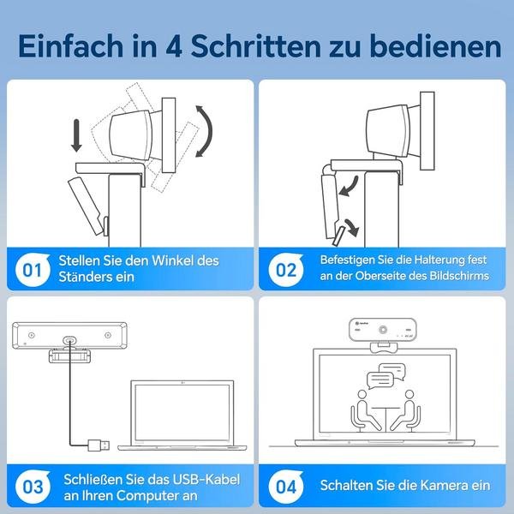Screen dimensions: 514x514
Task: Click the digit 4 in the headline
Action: [173, 46]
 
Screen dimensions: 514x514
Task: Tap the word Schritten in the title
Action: [255, 45]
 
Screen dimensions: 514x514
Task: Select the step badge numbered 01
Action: [33, 270]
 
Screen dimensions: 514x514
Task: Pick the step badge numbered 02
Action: [286, 270]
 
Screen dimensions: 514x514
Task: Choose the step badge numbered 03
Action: [33, 487]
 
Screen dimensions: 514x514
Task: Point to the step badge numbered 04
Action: [286, 487]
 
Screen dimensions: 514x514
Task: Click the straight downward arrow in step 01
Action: [76, 135]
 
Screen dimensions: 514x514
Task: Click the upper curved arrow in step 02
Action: [349, 187]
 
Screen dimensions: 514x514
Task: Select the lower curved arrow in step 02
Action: [353, 227]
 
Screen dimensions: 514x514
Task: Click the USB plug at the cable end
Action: [99, 445]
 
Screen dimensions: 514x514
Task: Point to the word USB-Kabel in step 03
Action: [206, 479]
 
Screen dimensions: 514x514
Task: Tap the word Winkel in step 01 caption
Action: [172, 261]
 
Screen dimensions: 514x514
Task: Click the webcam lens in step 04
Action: [383, 330]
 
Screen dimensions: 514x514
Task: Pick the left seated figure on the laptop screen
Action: [364, 410]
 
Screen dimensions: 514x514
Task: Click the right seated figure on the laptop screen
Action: [405, 410]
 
